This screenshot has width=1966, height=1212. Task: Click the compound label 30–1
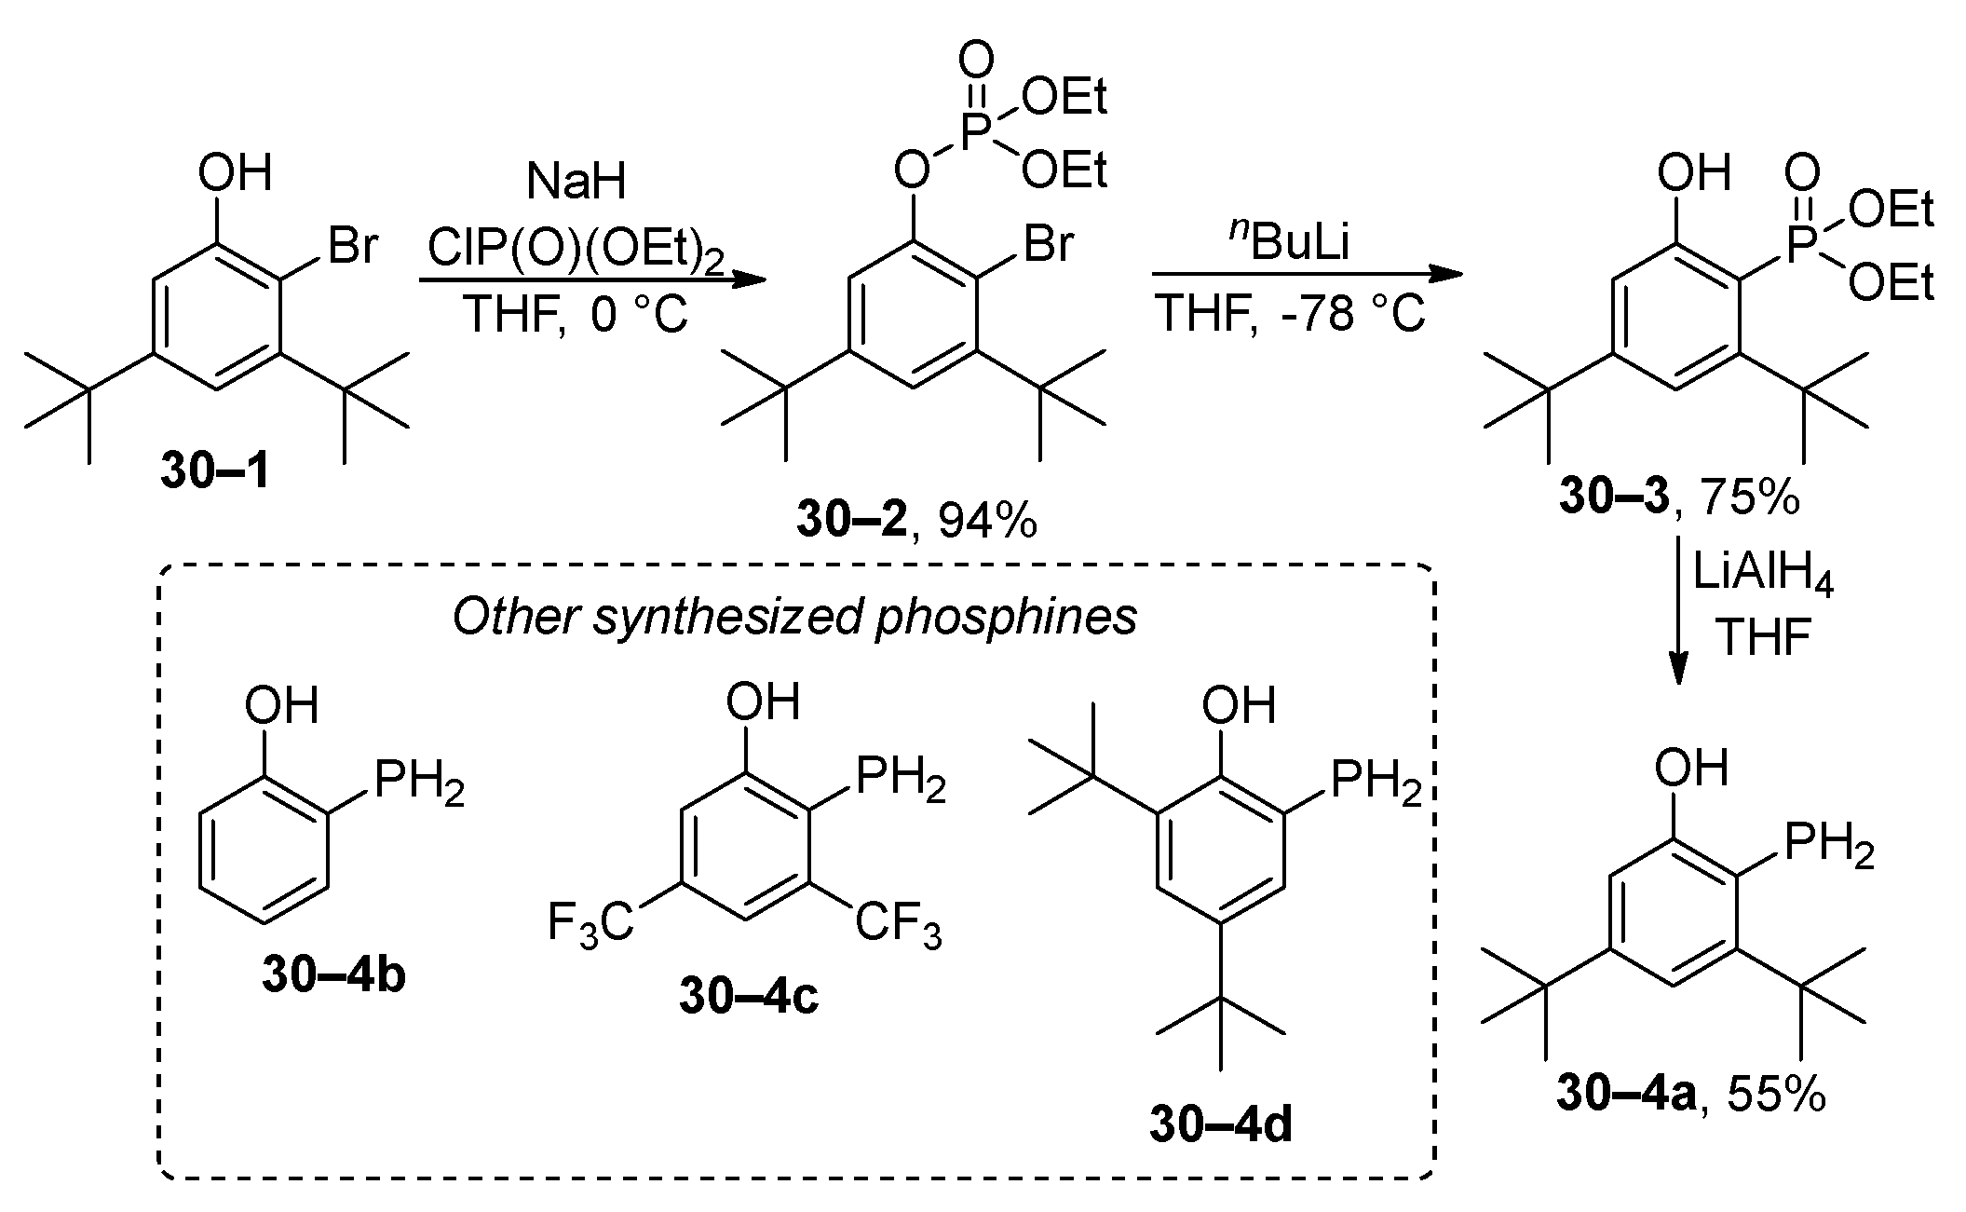pyautogui.click(x=215, y=472)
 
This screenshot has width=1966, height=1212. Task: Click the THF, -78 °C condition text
pyautogui.click(x=1289, y=314)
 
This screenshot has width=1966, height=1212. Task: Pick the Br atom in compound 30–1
pyautogui.click(x=351, y=247)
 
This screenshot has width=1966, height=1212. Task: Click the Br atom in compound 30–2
pyautogui.click(x=1047, y=245)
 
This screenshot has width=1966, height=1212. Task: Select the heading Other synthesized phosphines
pyautogui.click(x=793, y=617)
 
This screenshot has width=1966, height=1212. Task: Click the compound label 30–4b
pyautogui.click(x=332, y=977)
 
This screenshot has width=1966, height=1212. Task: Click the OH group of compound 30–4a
pyautogui.click(x=1690, y=769)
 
